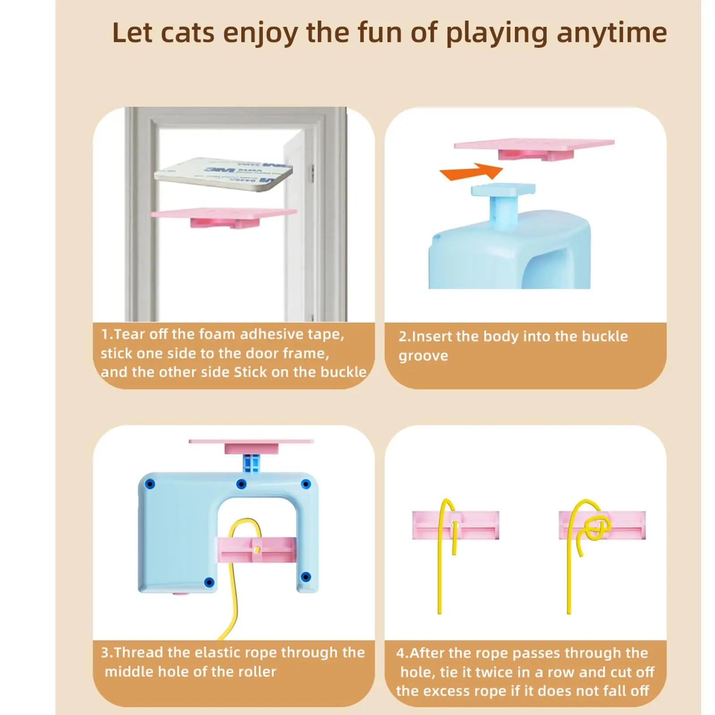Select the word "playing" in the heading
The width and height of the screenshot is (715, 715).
click(x=496, y=34)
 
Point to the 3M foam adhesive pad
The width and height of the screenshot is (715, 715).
click(x=223, y=173)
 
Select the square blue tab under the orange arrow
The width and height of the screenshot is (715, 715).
click(x=503, y=190)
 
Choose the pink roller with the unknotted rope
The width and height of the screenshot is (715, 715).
click(x=456, y=525)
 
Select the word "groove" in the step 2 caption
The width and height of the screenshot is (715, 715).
click(x=423, y=356)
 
